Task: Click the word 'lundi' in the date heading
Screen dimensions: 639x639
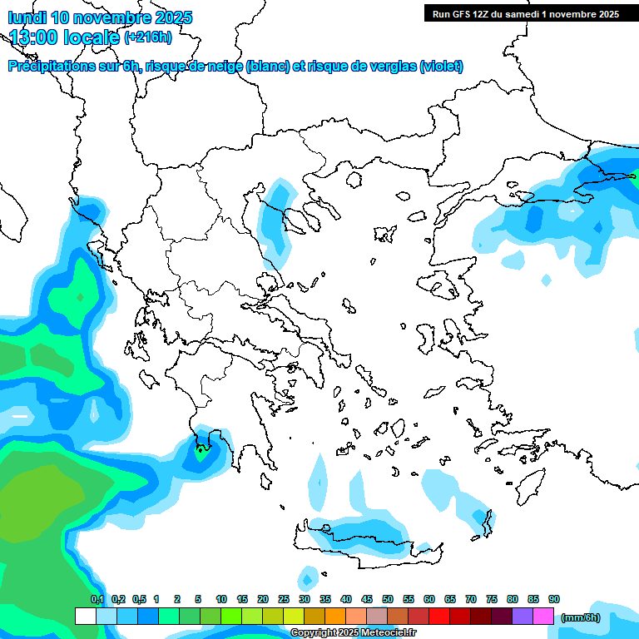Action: pos(26,17)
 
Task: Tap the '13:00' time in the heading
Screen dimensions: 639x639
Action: pos(35,37)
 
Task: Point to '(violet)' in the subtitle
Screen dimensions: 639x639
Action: pos(441,67)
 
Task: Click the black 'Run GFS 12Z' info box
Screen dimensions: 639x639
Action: pos(525,13)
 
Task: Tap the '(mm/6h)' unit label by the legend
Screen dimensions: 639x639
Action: pos(580,617)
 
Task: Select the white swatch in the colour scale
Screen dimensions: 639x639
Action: pos(85,617)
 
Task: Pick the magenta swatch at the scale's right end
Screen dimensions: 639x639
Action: pos(543,617)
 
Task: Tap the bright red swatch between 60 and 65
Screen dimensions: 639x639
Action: pos(439,617)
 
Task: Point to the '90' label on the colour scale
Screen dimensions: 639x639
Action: pos(554,600)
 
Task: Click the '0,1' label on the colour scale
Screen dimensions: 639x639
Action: pos(97,600)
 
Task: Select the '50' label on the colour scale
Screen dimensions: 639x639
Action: pos(388,600)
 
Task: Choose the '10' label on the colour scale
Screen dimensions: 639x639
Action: pos(221,600)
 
